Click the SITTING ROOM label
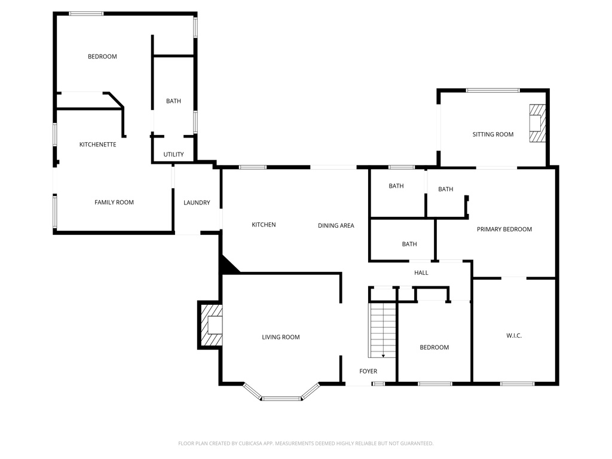point(493,134)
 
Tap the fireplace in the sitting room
point(537,124)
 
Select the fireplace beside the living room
point(210,325)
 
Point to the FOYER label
point(368,371)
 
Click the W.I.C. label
point(514,336)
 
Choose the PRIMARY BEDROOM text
point(504,229)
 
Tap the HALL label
point(421,273)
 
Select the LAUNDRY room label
point(197,203)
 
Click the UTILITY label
point(173,155)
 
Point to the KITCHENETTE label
point(98,145)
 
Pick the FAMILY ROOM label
point(114,203)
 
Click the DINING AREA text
point(336,225)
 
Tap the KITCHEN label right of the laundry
point(264,225)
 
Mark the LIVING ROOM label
point(281,337)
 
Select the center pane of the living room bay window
point(281,398)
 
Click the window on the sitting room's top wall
point(493,90)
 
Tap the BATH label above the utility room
point(173,101)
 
